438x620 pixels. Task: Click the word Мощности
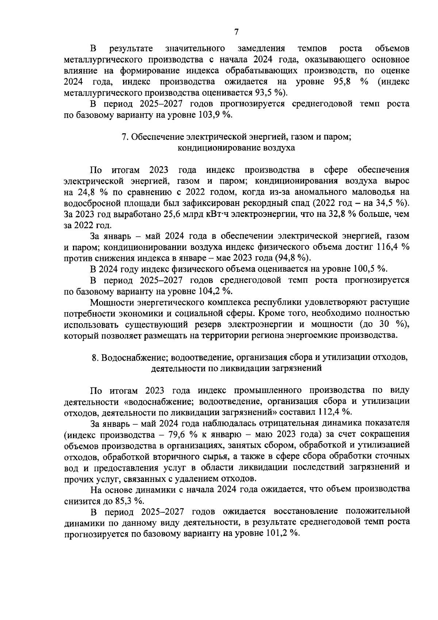point(111,302)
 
